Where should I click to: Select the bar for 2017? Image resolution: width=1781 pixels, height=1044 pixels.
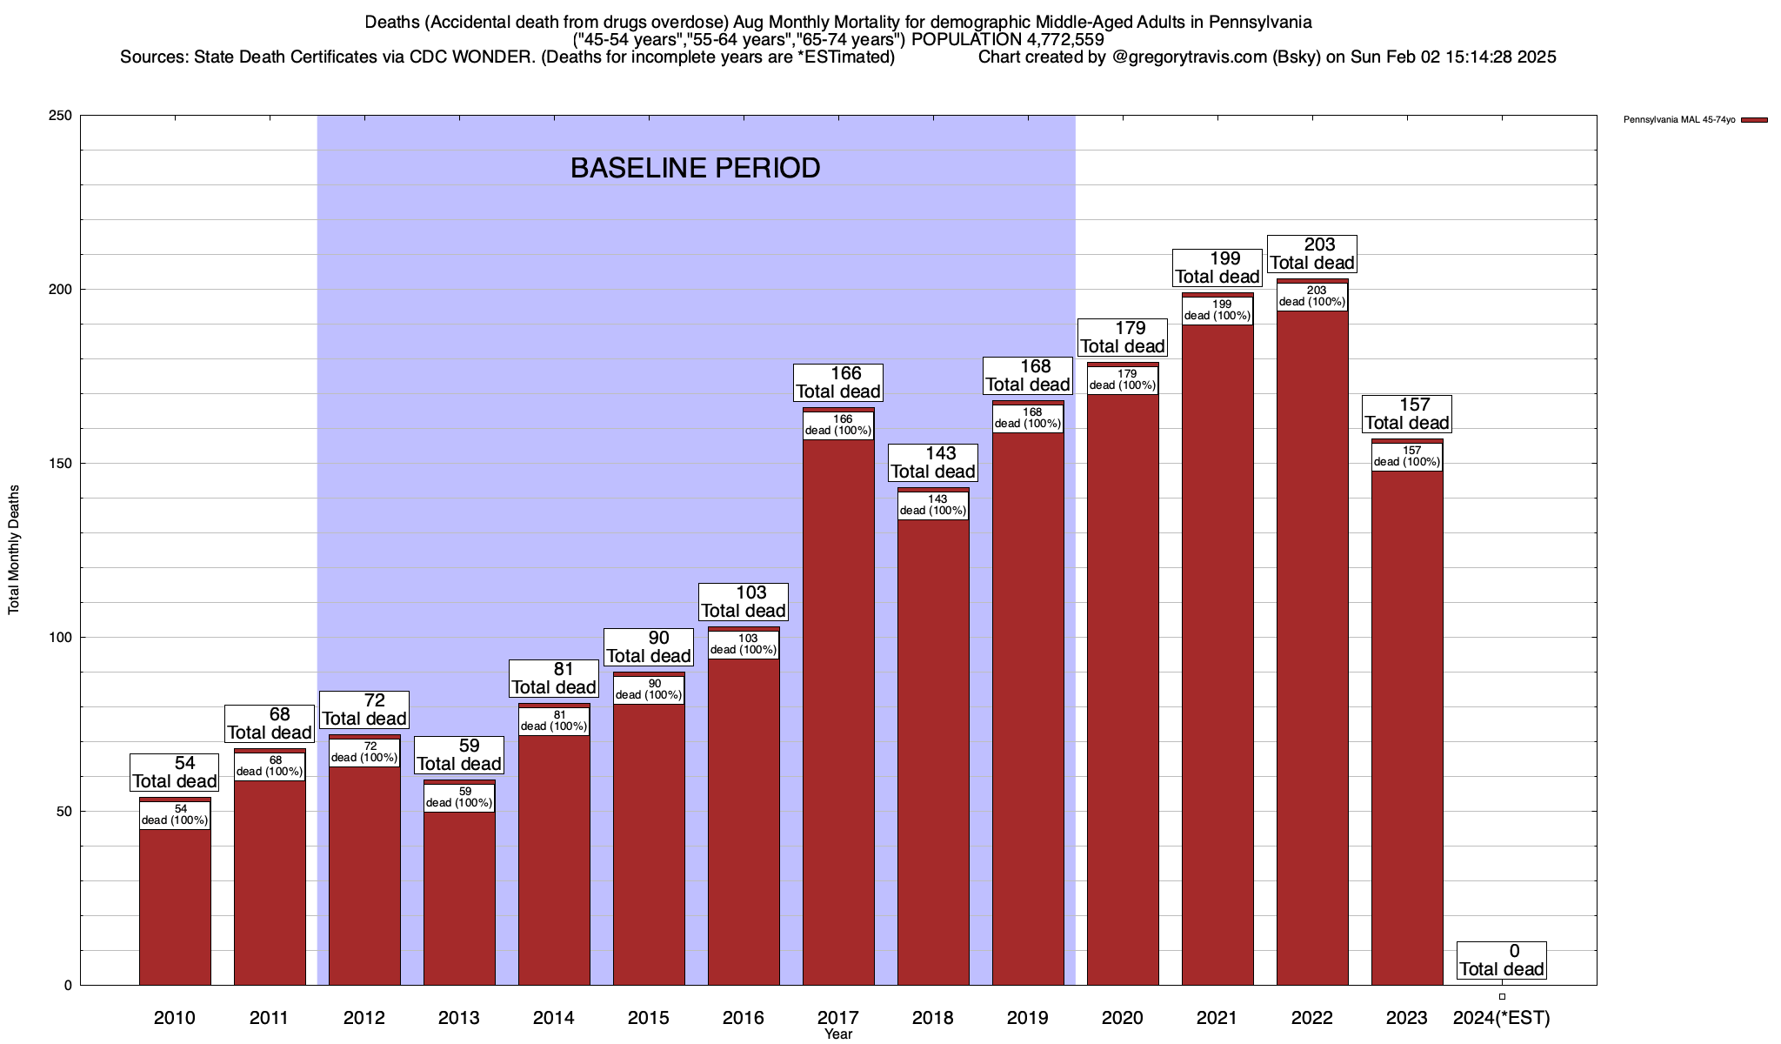tap(838, 713)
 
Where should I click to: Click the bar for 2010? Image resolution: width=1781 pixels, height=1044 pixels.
tap(175, 905)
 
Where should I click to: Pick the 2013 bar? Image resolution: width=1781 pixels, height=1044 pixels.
tap(459, 896)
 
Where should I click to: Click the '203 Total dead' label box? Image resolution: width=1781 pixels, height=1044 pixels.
tap(1312, 254)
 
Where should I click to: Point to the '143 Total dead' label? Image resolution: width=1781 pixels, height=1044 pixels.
tap(933, 463)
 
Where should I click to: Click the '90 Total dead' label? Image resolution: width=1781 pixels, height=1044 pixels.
tap(649, 647)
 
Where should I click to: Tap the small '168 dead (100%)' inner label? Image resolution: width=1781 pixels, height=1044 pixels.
tap(1028, 418)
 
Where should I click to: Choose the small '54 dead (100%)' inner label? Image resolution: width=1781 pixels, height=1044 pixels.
tap(175, 815)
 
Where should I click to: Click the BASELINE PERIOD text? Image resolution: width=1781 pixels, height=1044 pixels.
tap(695, 168)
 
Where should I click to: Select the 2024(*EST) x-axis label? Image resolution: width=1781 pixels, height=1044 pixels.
tap(1501, 1018)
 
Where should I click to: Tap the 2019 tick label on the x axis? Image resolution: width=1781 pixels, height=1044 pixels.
tap(1028, 1018)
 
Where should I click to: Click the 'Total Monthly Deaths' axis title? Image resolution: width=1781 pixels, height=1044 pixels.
tap(14, 549)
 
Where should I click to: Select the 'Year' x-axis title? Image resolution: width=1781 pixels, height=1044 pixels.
tap(838, 1034)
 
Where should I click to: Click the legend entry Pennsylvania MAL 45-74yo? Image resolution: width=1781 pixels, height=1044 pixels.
tap(1678, 120)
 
